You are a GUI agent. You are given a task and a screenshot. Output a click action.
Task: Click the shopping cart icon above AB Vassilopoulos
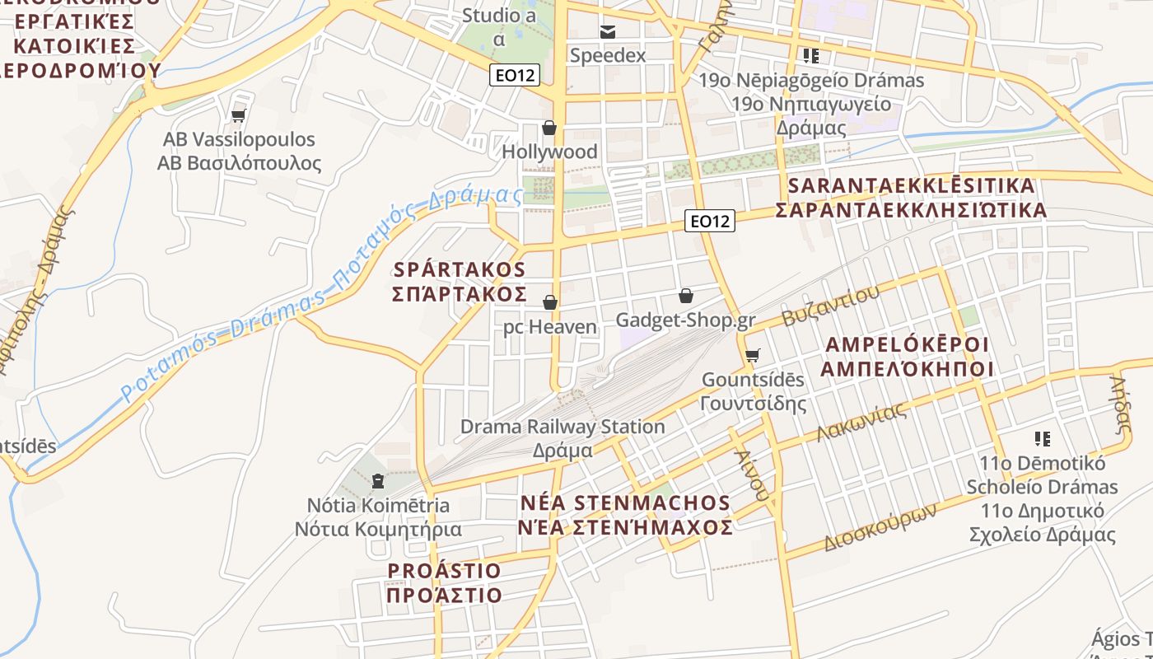(x=239, y=115)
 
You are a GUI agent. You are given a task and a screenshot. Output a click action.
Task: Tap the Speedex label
(x=608, y=55)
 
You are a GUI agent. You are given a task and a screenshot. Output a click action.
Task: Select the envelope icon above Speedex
(x=608, y=32)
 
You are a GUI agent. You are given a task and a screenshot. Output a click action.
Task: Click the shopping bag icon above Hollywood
(x=549, y=128)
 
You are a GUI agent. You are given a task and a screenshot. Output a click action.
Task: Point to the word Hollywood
(x=549, y=152)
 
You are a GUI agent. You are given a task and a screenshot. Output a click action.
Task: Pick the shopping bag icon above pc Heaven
(x=550, y=302)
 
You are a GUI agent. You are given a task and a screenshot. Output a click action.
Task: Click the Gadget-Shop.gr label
(x=686, y=320)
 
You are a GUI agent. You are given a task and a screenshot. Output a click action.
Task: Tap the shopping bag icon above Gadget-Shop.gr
(x=686, y=295)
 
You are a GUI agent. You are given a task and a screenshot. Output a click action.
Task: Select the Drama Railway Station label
(x=562, y=427)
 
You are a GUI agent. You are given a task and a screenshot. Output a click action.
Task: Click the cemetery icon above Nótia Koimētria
(x=378, y=480)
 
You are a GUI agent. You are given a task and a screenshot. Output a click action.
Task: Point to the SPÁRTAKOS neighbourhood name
(x=460, y=269)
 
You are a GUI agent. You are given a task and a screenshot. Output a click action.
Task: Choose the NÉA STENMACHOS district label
(x=625, y=503)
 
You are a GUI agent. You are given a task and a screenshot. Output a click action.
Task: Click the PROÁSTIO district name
(x=444, y=571)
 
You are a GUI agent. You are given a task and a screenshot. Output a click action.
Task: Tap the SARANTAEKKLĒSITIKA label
(x=911, y=185)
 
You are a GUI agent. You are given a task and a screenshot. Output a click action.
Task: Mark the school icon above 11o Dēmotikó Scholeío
(x=1042, y=439)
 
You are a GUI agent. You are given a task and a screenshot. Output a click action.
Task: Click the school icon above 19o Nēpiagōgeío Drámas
(x=811, y=56)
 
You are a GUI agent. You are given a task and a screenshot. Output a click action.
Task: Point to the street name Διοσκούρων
(x=880, y=528)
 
